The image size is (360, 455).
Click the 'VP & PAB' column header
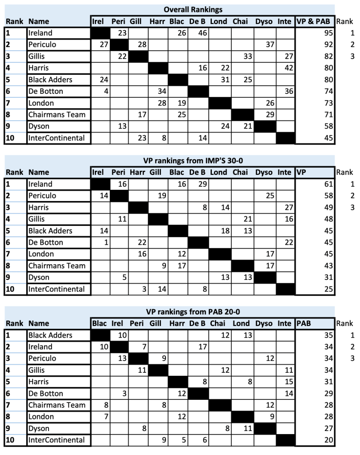pos(314,21)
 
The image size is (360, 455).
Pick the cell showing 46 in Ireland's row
pos(194,33)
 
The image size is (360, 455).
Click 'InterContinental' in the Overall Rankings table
pos(56,138)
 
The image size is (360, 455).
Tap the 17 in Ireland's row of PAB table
pos(194,347)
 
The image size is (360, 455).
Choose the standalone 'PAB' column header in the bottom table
pos(305,324)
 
